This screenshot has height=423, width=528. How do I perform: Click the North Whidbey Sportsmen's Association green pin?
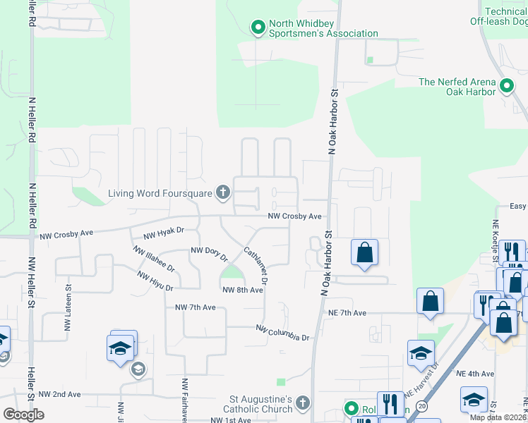click(258, 28)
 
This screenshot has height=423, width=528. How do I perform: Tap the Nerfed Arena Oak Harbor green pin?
click(506, 87)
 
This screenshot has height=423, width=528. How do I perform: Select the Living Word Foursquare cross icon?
click(223, 192)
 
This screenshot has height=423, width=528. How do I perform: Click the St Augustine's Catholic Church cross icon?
click(302, 403)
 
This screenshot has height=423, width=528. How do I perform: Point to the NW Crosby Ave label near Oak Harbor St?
click(294, 216)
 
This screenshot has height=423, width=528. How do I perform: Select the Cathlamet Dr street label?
click(256, 266)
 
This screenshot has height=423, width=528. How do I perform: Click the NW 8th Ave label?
click(238, 290)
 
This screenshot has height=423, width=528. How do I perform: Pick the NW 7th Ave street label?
click(196, 308)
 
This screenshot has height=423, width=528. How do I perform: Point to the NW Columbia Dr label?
click(282, 333)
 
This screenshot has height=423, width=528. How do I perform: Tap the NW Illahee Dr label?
click(152, 259)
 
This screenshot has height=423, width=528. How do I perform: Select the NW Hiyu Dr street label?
click(155, 281)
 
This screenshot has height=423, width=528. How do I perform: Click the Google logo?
click(23, 415)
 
